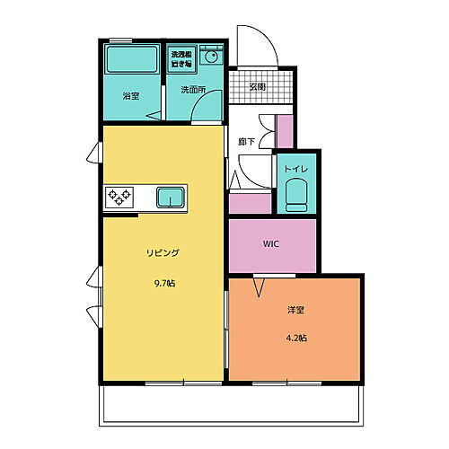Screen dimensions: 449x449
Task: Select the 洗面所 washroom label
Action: pos(193,90)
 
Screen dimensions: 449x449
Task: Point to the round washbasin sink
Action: pos(212,57)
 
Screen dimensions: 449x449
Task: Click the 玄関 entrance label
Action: pos(258,87)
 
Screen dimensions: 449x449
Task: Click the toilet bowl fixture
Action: pos(296,192)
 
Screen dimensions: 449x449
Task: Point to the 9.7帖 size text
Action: pos(163,284)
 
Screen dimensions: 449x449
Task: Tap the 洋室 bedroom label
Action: pos(296,310)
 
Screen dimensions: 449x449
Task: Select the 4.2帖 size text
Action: pos(296,339)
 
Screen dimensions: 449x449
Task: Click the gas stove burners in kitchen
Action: pos(119,197)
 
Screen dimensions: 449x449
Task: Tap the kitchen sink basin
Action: pos(171,197)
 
